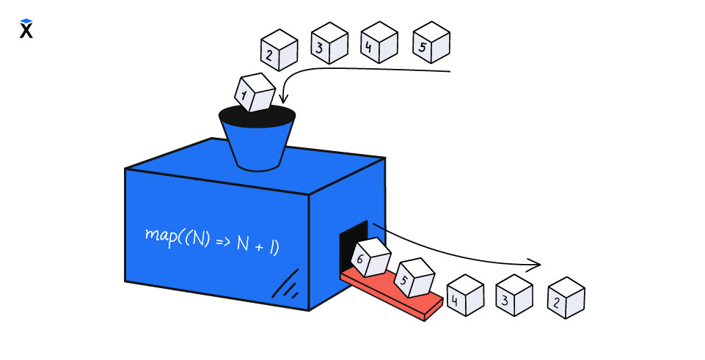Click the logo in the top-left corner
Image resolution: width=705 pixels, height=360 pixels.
pyautogui.click(x=26, y=29)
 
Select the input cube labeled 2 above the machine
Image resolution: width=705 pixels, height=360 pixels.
pyautogui.click(x=279, y=50)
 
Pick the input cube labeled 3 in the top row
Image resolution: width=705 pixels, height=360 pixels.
pyautogui.click(x=329, y=43)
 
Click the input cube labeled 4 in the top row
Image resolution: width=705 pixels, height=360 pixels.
pyautogui.click(x=379, y=43)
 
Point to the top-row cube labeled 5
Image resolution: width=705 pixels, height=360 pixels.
pyautogui.click(x=431, y=43)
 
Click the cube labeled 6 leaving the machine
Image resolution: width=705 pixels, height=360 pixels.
pyautogui.click(x=369, y=257)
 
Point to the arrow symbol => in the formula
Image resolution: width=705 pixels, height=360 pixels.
pyautogui.click(x=222, y=242)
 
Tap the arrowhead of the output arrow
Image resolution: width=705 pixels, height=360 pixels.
pyautogui.click(x=536, y=264)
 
